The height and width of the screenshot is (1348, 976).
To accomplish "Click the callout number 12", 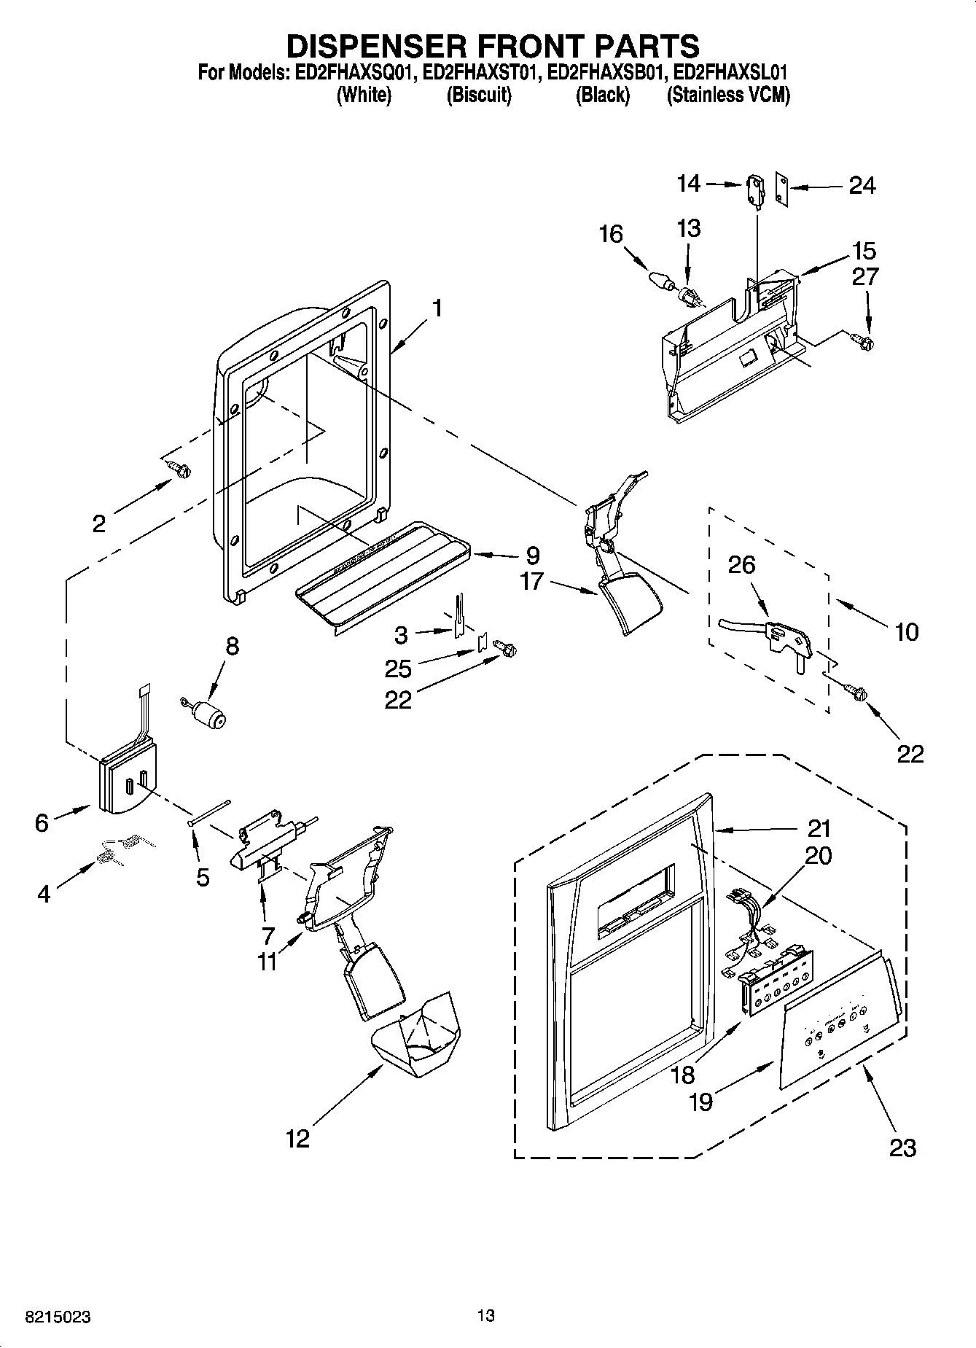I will [297, 1138].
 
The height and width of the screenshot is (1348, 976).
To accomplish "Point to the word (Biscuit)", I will [479, 96].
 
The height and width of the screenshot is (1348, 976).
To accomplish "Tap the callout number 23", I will [902, 1148].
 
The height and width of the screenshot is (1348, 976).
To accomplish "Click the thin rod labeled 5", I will [210, 811].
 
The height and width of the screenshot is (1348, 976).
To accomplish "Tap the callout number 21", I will [819, 829].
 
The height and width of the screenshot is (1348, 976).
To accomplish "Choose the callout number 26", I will [741, 565].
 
